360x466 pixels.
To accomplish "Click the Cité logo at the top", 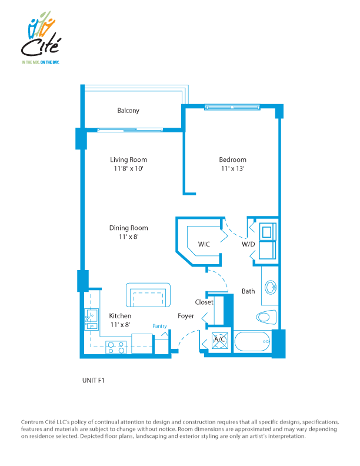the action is (x=41, y=38).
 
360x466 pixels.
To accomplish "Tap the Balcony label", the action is (x=128, y=111).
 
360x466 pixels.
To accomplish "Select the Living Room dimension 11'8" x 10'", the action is (x=128, y=168).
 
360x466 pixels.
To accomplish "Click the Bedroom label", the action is (x=232, y=159).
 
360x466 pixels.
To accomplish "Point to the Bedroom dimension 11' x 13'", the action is (x=232, y=168).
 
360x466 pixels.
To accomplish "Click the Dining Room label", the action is (x=129, y=228).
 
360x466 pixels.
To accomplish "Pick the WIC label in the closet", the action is (x=204, y=244).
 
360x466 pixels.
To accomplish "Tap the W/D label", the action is (x=248, y=244).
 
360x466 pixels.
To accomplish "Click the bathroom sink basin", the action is (x=271, y=287).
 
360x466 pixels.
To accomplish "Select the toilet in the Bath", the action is (x=266, y=317).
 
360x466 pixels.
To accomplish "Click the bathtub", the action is (x=252, y=341).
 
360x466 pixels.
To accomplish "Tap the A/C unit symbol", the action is (x=220, y=341).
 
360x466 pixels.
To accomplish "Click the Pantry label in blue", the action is (x=159, y=326).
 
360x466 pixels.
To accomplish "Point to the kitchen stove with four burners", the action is (x=116, y=347).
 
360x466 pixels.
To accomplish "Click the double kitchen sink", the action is (x=92, y=319).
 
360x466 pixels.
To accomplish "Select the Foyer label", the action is (x=186, y=316).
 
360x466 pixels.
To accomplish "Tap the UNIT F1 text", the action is (x=94, y=381).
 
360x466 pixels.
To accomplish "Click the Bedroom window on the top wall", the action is (x=232, y=107).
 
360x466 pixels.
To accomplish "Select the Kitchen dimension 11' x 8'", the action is (x=121, y=325).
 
